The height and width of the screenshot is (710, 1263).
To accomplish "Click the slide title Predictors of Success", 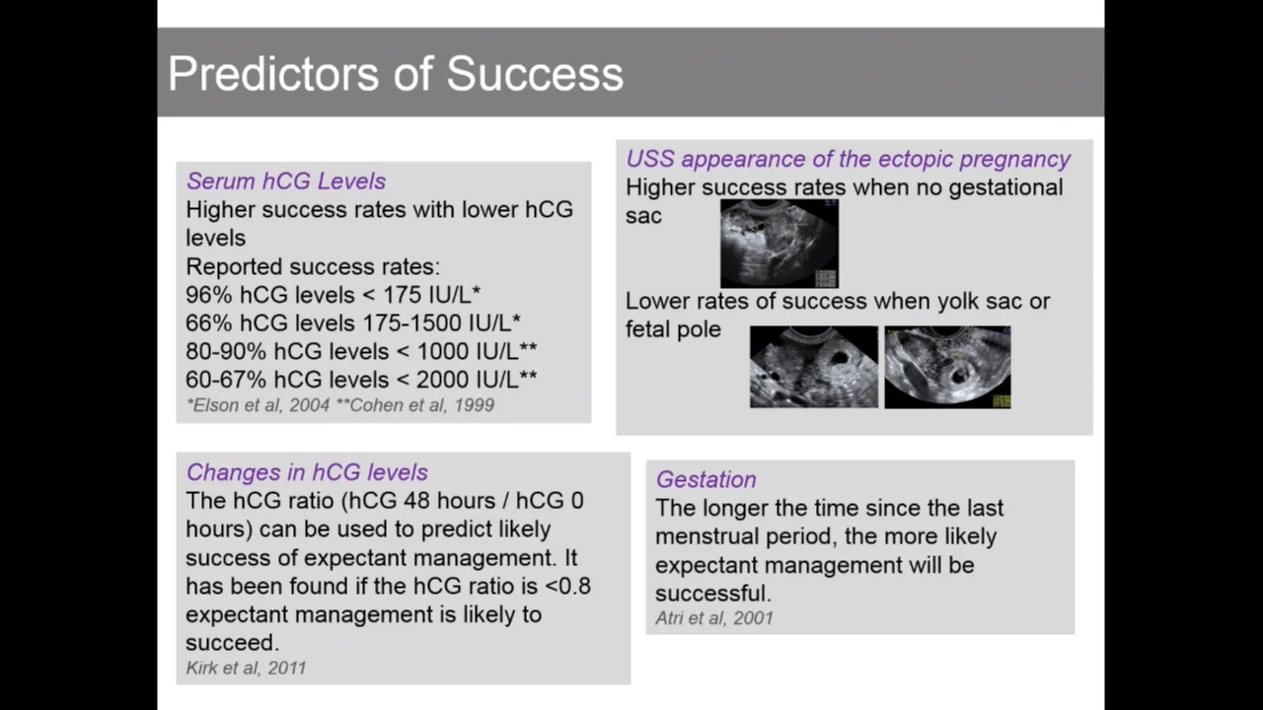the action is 396,74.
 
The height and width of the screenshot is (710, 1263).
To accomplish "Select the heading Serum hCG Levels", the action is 286,181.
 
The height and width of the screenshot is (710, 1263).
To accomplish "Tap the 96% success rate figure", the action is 208,295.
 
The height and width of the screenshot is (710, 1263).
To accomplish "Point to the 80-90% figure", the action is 226,351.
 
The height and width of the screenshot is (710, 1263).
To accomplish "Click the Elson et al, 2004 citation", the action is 259,405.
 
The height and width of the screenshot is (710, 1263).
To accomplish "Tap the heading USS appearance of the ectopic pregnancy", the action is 848,159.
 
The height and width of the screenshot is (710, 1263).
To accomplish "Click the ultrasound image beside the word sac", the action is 780,244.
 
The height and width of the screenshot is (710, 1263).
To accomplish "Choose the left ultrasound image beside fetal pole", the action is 814,367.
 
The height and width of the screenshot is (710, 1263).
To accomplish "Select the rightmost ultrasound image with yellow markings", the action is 947,367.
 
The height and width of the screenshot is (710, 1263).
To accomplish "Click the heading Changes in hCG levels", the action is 307,472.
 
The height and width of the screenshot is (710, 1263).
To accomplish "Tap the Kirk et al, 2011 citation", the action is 246,668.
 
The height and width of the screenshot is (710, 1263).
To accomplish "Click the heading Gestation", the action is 706,479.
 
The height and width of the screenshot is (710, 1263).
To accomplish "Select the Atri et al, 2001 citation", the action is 713,618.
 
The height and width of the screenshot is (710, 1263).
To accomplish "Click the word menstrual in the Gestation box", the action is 706,536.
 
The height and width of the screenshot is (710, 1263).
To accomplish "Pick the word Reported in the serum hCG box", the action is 234,266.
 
